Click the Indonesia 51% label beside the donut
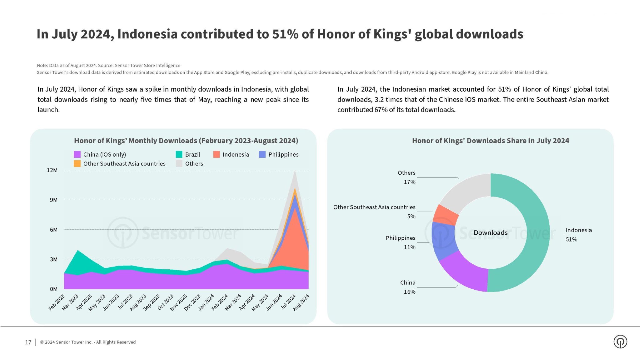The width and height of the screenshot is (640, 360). point(578,235)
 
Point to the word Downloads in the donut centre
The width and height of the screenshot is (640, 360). point(490,232)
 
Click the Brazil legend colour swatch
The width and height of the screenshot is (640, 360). point(179,154)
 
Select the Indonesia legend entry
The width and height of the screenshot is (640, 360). point(231,154)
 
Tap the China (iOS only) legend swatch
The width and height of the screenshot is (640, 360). point(77,154)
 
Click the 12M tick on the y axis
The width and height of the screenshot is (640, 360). point(52,170)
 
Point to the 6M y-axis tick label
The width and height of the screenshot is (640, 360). point(53,230)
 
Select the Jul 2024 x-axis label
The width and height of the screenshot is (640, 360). point(288,302)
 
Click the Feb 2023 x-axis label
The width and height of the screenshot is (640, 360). point(57,302)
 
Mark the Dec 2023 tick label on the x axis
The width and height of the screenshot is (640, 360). point(192,302)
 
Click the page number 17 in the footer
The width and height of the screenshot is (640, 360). point(28,342)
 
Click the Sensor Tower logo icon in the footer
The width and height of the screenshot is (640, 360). point(620,342)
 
